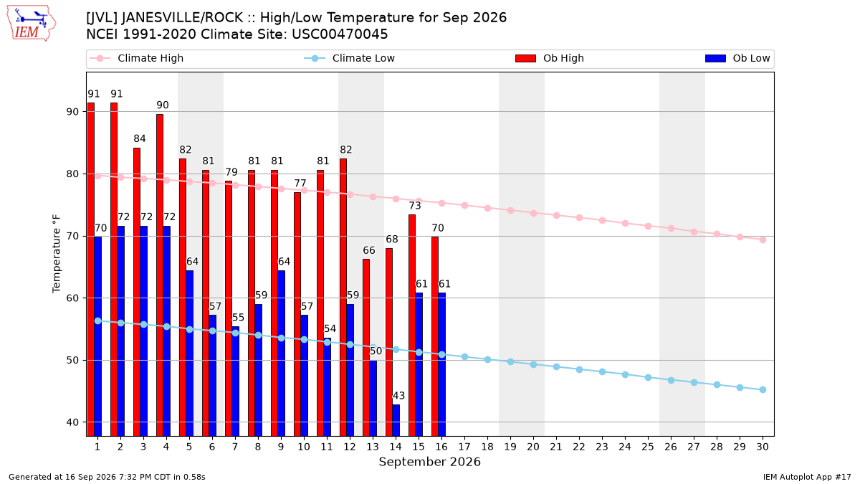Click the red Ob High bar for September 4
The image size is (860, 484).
pos(160,275)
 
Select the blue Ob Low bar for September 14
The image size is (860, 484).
pos(396,420)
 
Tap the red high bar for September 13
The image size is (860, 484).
pos(366,348)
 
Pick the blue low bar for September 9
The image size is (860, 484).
pos(281,353)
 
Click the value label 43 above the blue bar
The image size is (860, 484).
pos(398,396)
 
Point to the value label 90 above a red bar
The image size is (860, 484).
pos(163,105)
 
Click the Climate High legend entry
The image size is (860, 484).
pos(136,58)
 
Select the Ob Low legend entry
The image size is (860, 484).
pos(737,58)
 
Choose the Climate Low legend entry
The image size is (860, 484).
pos(349,58)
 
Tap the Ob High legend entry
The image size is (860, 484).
pos(550,58)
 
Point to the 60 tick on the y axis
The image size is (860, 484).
pos(72,298)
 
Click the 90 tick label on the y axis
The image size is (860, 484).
pos(72,112)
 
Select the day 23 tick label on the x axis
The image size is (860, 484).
pos(602,447)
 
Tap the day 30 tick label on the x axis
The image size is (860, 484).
pos(763,447)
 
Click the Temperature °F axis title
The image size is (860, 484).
pos(57,254)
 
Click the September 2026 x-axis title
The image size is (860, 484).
pos(429,462)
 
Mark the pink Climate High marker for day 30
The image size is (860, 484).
pos(763,239)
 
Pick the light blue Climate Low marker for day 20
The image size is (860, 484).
pos(533,364)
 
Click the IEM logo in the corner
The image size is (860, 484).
pos(32,24)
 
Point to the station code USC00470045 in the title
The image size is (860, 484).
pos(340,34)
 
